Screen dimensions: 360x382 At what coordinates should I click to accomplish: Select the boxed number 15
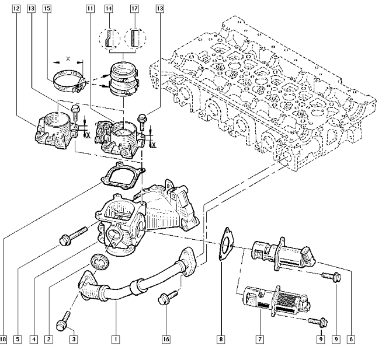(47, 9)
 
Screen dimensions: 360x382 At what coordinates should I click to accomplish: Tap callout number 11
(89, 9)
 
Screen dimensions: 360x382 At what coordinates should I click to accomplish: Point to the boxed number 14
(109, 9)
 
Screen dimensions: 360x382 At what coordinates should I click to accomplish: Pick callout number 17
(134, 9)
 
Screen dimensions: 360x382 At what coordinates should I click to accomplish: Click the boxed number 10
(4, 339)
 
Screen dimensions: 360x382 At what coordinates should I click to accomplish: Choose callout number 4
(34, 339)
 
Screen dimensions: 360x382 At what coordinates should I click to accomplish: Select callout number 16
(166, 339)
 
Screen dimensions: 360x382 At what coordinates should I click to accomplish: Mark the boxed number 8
(221, 339)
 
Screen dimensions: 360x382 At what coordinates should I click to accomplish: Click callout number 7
(259, 339)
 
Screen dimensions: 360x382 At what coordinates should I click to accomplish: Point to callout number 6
(350, 339)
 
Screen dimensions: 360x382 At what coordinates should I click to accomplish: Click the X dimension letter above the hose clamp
(68, 59)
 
